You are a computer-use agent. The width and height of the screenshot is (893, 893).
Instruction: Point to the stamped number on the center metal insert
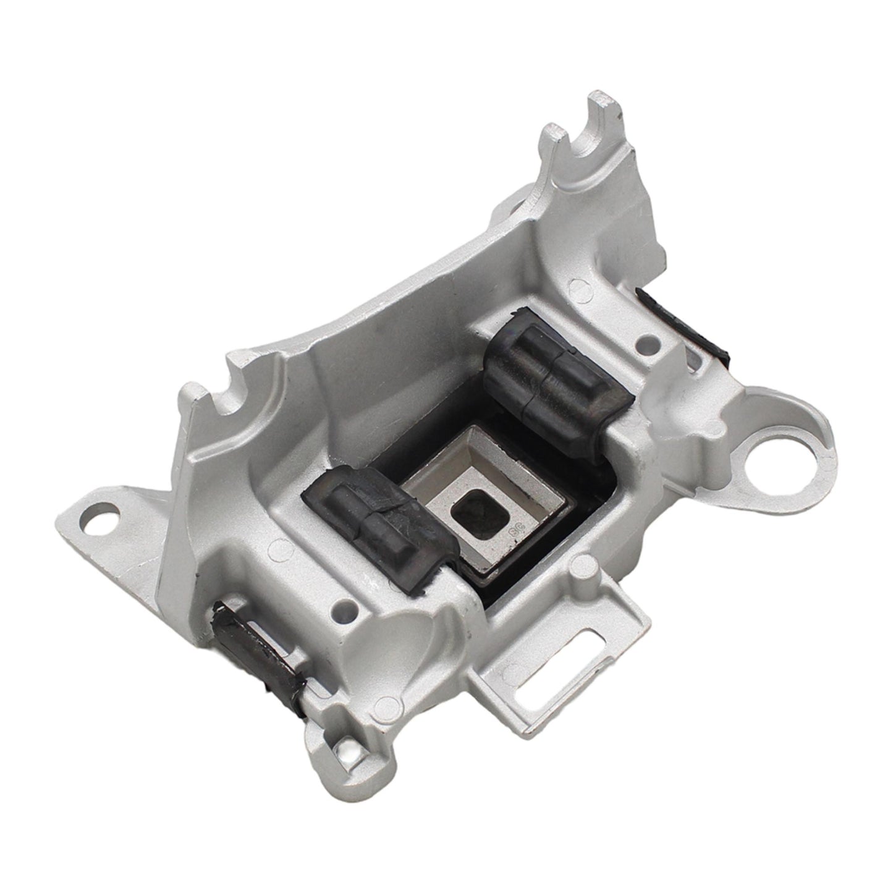coord(512,531)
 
